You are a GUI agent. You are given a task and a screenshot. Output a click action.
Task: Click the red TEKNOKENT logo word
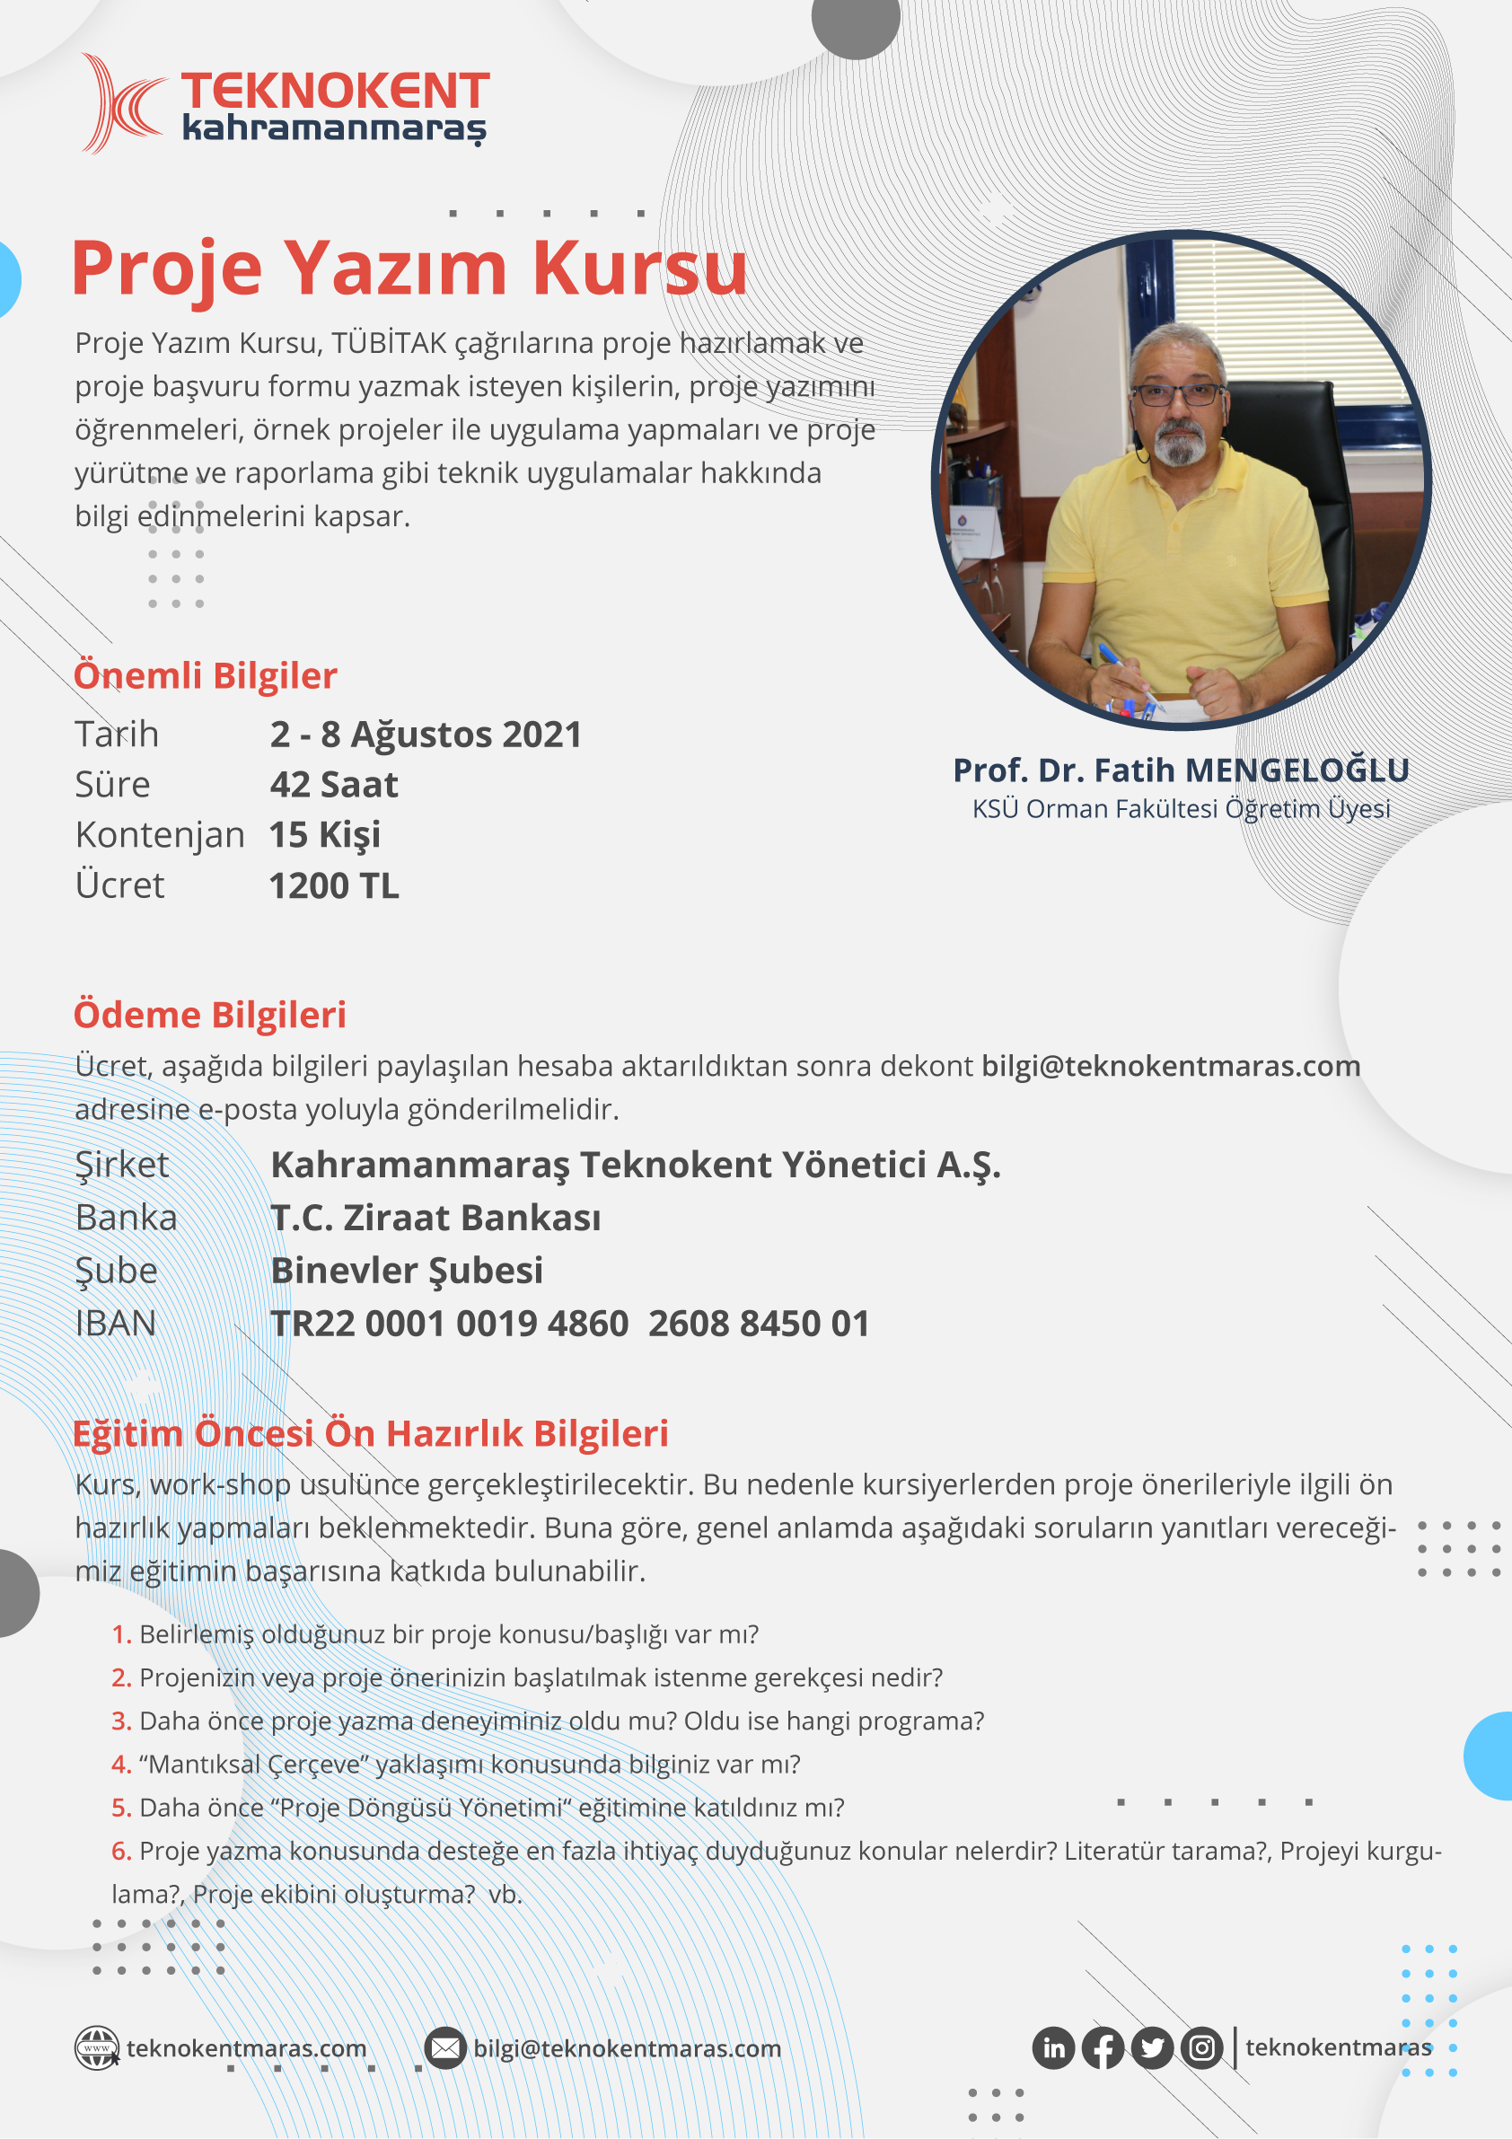coord(336,92)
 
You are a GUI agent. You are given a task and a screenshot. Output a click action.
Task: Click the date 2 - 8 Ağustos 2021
coord(426,735)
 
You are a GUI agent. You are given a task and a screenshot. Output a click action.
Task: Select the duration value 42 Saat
coord(333,785)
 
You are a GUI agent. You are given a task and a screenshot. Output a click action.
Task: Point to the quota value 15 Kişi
coord(324,835)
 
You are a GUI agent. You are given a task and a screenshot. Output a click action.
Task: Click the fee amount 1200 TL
coord(333,885)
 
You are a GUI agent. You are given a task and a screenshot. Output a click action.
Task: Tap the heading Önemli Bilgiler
coord(205,675)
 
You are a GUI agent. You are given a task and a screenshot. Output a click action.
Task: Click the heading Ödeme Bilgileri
coord(209,1015)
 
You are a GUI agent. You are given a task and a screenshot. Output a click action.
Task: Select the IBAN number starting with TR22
coord(569,1323)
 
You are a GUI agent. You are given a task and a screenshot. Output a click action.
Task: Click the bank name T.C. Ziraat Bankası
coord(435,1218)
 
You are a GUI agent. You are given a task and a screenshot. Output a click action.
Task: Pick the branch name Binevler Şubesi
coord(406,1271)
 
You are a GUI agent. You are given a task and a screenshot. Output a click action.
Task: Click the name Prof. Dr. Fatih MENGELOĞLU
coord(1181,770)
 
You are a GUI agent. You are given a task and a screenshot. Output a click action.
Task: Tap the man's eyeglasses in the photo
coord(1178,394)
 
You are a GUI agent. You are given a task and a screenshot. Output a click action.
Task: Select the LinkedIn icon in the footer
coord(1054,2047)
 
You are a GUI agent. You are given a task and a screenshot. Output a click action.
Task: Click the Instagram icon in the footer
coord(1201,2047)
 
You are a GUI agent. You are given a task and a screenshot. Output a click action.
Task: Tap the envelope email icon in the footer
coord(445,2047)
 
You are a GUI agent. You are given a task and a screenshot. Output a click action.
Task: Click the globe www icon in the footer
coord(97,2047)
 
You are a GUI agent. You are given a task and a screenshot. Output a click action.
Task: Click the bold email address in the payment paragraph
coord(1170,1066)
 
